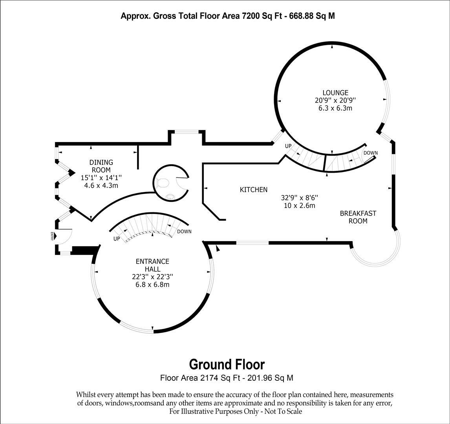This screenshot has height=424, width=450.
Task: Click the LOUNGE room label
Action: [333, 93]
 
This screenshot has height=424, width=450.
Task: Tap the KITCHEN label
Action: [253, 190]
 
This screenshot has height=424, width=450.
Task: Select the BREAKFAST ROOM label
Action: [358, 217]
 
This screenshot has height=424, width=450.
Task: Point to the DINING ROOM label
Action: [101, 166]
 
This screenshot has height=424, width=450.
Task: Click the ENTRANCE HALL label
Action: [152, 265]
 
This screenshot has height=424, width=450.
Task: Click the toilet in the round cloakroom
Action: [161, 183]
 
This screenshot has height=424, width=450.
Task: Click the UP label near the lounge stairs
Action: [288, 146]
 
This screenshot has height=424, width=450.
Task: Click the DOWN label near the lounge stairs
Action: [370, 153]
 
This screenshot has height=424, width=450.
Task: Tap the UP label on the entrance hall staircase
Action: [117, 239]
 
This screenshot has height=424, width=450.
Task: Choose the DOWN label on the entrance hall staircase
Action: [184, 231]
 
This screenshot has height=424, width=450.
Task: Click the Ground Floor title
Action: [227, 364]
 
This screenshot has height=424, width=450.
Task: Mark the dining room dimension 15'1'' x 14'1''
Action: [101, 178]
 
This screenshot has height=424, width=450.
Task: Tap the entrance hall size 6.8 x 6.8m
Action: [152, 284]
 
